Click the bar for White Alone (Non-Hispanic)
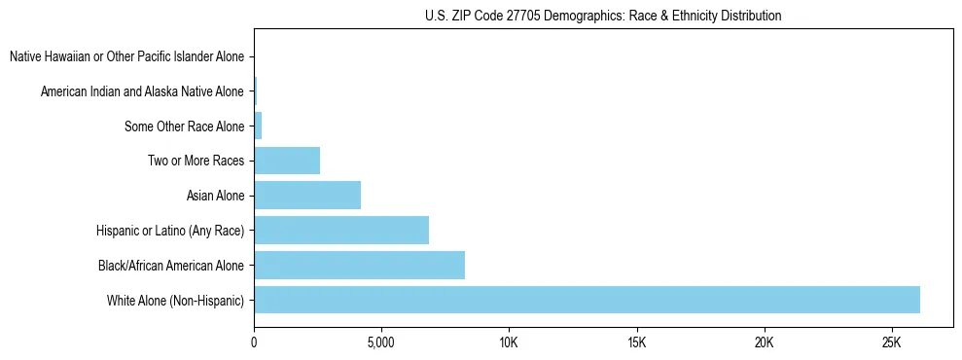point(587,300)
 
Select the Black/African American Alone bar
point(359,265)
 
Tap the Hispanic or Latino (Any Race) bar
point(341,230)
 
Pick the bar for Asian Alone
point(307,196)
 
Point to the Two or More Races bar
point(287,161)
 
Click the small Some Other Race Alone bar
point(258,126)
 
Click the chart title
point(603,16)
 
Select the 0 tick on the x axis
point(254,343)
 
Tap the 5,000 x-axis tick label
point(381,343)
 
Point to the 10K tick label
point(509,343)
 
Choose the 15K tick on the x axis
point(636,343)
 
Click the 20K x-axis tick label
point(764,343)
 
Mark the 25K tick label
point(892,343)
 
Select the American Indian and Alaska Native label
point(142,91)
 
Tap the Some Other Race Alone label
point(184,126)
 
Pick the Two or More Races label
point(196,161)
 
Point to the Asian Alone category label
point(215,196)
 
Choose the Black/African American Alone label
point(171,265)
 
